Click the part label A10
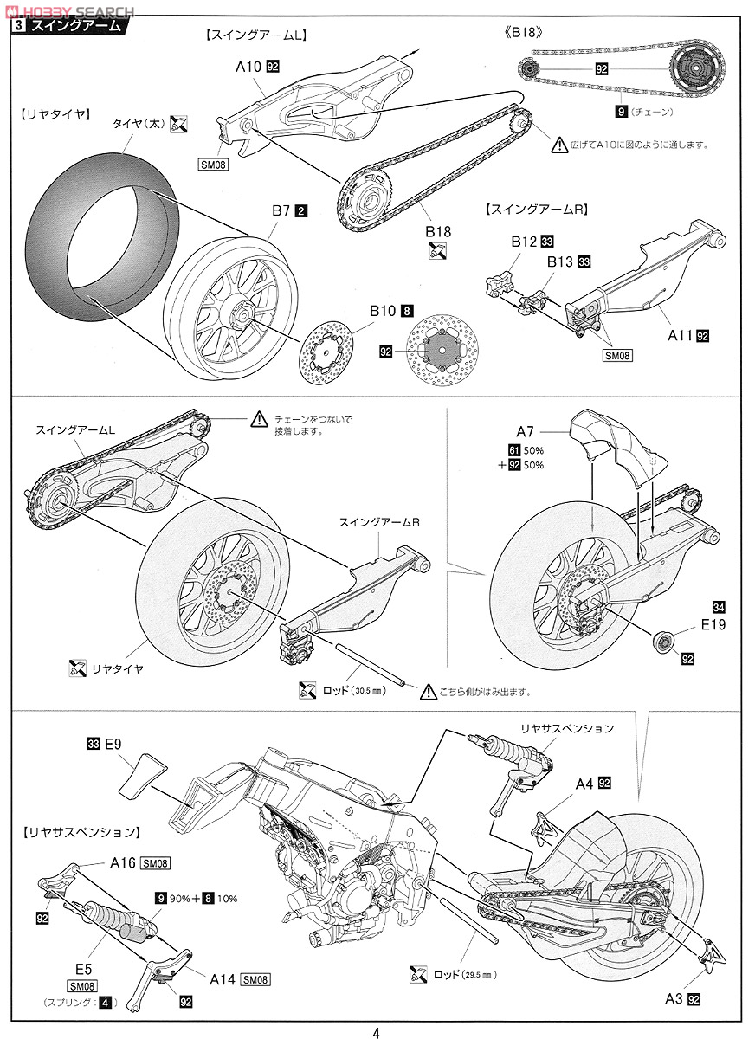tap(248, 65)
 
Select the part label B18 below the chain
tap(438, 232)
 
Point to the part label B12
tap(523, 242)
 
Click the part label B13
tap(560, 261)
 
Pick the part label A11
tap(680, 336)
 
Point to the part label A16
tap(122, 862)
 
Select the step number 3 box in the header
tap(18, 26)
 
